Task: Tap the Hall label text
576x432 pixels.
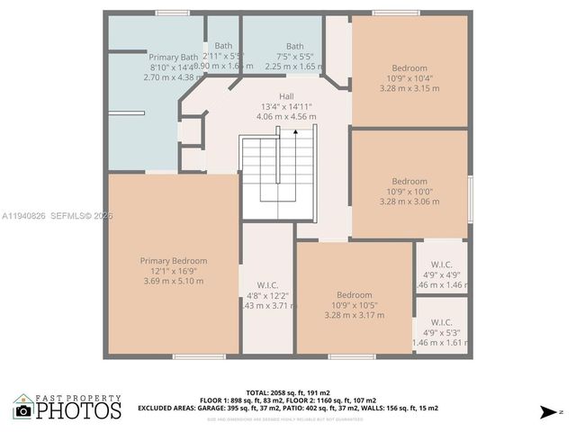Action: [286, 96]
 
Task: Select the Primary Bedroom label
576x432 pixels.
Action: [173, 261]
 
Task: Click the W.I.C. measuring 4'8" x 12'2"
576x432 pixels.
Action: [267, 285]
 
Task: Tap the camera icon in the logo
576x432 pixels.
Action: [23, 411]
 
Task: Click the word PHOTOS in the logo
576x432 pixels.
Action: [78, 410]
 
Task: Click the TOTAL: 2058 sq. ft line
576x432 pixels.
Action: [287, 392]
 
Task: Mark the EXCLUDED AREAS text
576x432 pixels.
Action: [171, 408]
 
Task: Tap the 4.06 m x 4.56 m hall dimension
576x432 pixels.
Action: [286, 116]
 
